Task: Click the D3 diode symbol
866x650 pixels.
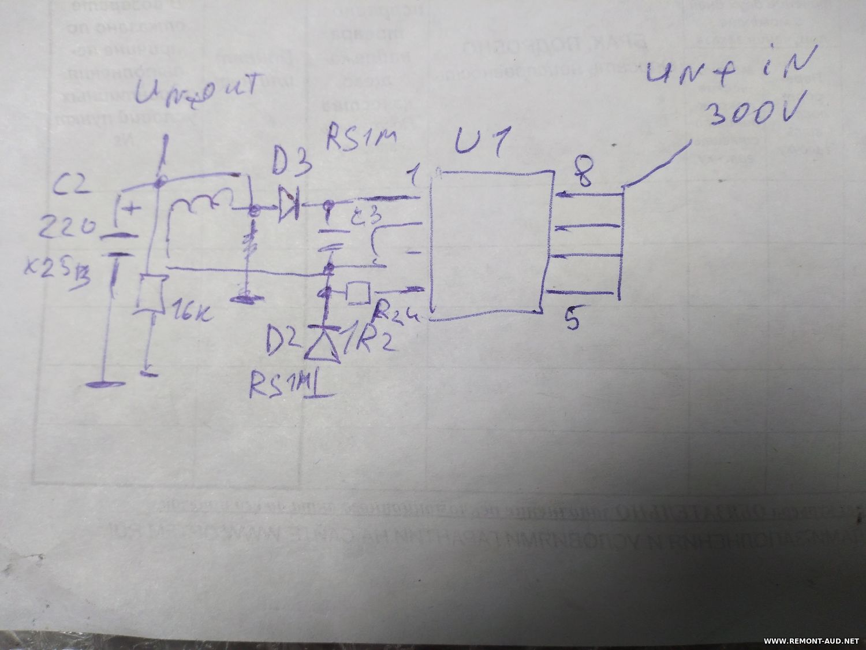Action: point(287,203)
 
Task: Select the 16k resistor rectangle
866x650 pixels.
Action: point(151,295)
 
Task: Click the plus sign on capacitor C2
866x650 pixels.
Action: point(132,209)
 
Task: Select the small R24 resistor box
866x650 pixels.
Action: point(357,293)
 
